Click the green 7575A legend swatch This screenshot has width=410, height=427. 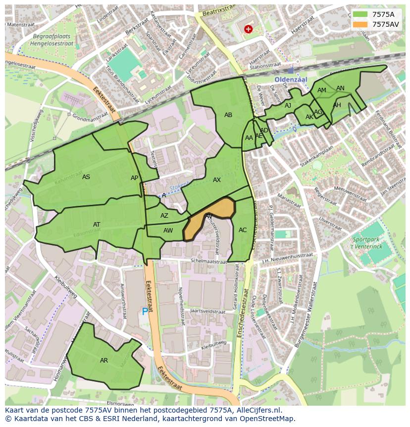(x=360, y=14)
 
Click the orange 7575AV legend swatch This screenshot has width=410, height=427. (x=360, y=24)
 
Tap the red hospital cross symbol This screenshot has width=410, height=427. (x=248, y=29)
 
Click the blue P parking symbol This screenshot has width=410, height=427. (x=145, y=312)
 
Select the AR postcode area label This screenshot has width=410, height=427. (x=104, y=361)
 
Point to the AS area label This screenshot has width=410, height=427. (x=86, y=177)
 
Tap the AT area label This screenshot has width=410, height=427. (x=97, y=225)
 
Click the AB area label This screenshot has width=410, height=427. (x=228, y=115)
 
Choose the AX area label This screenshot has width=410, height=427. (x=217, y=180)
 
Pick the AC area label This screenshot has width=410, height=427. (x=243, y=230)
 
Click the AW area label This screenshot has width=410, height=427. (x=168, y=231)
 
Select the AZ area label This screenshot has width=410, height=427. (x=164, y=216)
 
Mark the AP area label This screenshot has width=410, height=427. (x=134, y=178)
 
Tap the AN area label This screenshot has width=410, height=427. (x=340, y=88)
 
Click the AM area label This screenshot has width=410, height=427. (x=322, y=90)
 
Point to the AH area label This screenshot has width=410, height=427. (x=337, y=105)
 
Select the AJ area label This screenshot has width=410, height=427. (x=288, y=106)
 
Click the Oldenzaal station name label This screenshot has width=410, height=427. (x=291, y=79)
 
